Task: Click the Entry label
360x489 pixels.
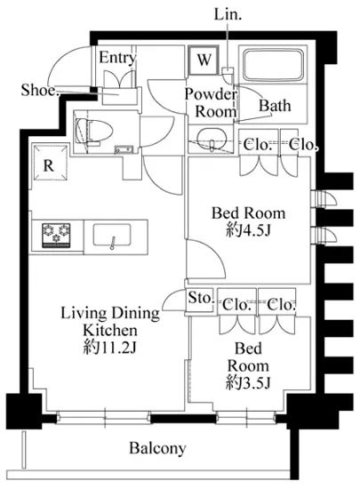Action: click(x=117, y=58)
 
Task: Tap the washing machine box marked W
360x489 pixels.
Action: click(x=204, y=60)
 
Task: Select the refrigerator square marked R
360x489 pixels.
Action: click(x=49, y=162)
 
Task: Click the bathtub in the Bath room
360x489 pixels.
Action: click(x=273, y=65)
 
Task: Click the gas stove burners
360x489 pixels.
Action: click(x=56, y=236)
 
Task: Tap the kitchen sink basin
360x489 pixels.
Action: click(x=112, y=235)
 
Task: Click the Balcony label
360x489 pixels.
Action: click(x=157, y=448)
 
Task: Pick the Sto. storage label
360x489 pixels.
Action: click(x=201, y=298)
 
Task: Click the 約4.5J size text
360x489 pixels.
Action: click(x=248, y=231)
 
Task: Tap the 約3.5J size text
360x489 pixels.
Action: click(x=248, y=383)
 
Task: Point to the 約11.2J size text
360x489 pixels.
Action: click(x=109, y=348)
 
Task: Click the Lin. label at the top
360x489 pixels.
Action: click(x=228, y=14)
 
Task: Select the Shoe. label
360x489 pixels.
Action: click(x=39, y=90)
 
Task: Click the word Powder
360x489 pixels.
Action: click(x=211, y=94)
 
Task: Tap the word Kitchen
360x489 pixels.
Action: click(x=109, y=330)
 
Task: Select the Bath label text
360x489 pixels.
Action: click(x=275, y=106)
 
